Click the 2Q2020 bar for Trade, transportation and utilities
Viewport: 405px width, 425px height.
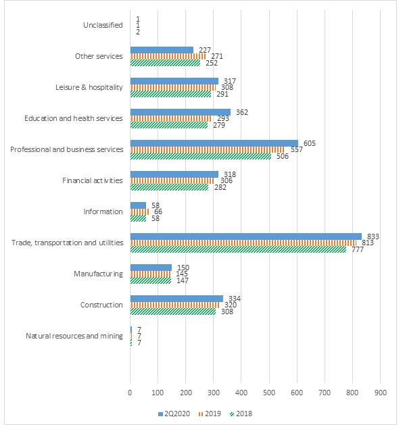(245, 236)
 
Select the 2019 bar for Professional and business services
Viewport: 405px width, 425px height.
(208, 149)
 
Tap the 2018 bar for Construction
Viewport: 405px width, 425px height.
(173, 311)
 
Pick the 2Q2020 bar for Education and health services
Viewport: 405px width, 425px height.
(181, 112)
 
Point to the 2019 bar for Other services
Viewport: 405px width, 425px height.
(168, 56)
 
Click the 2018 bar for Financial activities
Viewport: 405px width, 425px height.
(169, 187)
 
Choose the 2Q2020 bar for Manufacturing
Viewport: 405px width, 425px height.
(151, 268)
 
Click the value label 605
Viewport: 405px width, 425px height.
(310, 143)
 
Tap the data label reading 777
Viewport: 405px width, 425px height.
(358, 249)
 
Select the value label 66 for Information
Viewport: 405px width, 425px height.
(158, 211)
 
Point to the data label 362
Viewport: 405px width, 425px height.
(242, 112)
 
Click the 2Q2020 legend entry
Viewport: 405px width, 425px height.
(174, 414)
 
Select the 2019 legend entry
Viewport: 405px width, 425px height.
(210, 414)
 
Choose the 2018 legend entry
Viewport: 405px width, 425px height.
(241, 414)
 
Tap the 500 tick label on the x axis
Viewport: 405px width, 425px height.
(269, 393)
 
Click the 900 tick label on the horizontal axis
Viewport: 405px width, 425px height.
(380, 393)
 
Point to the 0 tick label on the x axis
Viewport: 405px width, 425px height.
(130, 393)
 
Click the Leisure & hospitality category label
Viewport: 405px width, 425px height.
(89, 87)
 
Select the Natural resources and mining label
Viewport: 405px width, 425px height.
(74, 336)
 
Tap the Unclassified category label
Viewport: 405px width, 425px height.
(103, 25)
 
